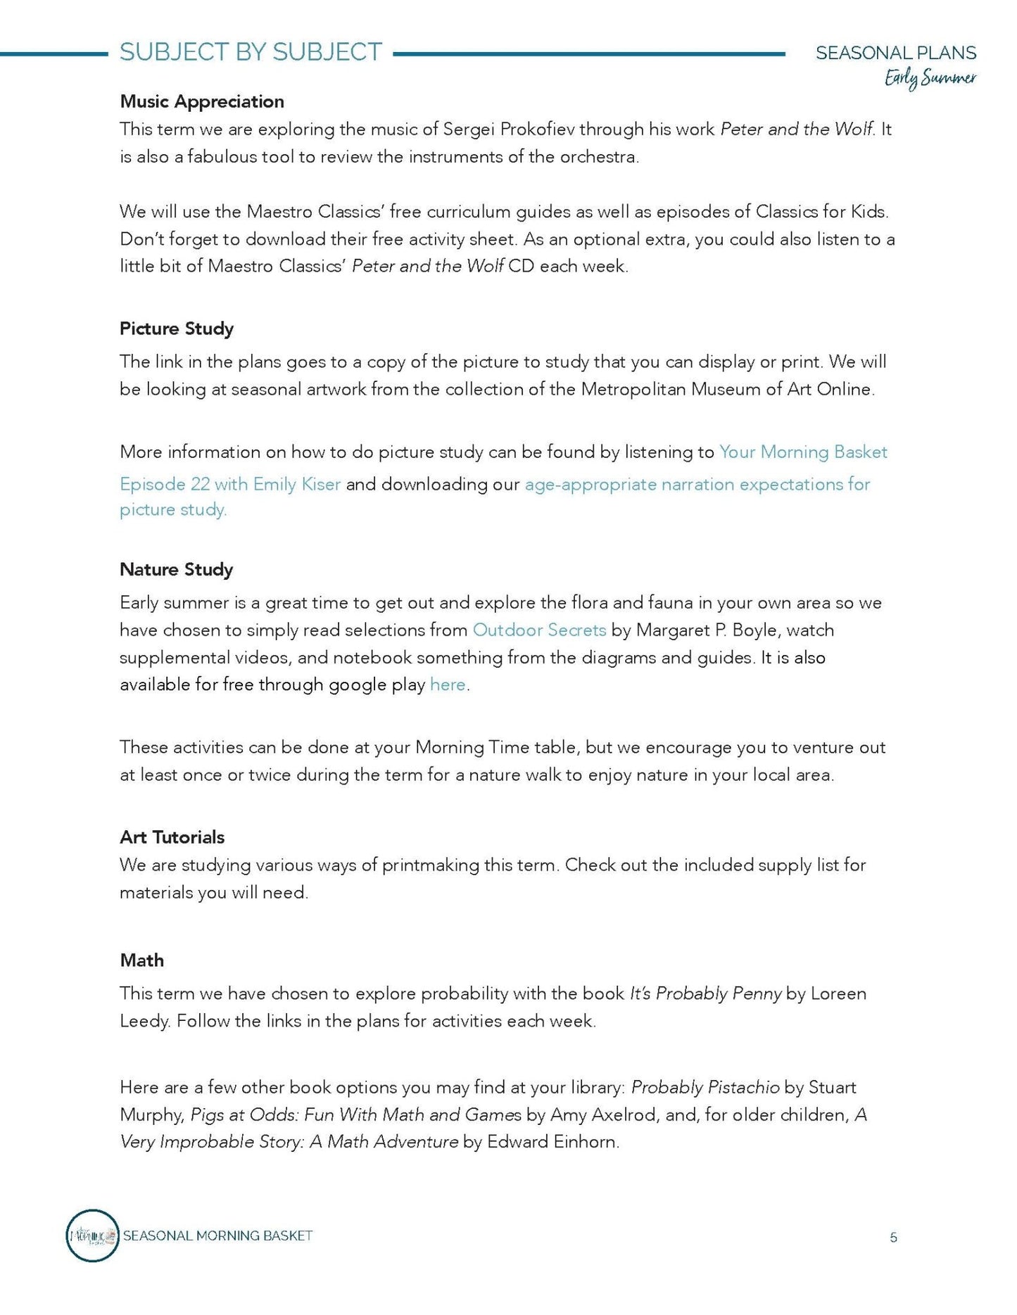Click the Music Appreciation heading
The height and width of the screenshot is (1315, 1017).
point(201,101)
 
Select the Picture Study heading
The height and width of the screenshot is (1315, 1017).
point(176,329)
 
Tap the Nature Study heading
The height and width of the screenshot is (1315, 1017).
point(176,569)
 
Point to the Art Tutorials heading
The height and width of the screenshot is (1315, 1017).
point(172,837)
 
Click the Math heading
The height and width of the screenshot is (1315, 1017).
point(141,960)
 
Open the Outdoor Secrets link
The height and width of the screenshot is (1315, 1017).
point(539,630)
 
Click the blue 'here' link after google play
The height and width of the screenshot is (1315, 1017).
point(448,685)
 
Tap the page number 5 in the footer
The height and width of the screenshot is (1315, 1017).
point(893,1238)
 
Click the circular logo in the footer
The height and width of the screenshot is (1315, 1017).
point(92,1235)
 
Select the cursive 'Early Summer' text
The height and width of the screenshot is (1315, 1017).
point(930,79)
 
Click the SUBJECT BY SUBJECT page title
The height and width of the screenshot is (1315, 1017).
point(251,52)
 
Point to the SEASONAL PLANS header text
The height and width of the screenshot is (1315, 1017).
point(895,53)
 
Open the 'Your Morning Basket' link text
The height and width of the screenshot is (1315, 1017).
point(802,452)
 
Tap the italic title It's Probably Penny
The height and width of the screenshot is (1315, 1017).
point(705,993)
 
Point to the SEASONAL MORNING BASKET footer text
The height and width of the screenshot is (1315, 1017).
point(217,1235)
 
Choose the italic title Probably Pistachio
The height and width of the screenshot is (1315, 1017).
point(705,1087)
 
